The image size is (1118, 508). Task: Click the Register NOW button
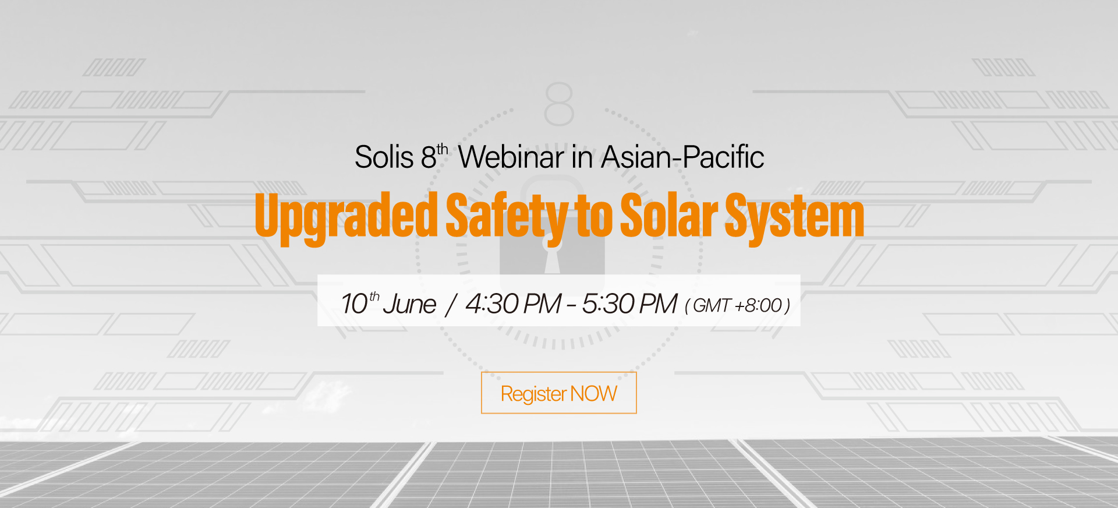[x=558, y=393]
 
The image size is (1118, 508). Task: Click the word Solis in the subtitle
[x=384, y=157]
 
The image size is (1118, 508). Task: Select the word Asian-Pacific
[x=682, y=157]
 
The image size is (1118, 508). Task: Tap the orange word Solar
[x=669, y=216]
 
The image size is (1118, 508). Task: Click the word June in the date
[x=409, y=304]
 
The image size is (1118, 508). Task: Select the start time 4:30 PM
[x=513, y=304]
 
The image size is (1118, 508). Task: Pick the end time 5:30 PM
[x=629, y=304]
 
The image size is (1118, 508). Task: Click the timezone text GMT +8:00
[x=737, y=305]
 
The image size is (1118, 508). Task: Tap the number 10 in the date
[x=355, y=304]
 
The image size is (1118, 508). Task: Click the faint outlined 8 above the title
[x=559, y=104]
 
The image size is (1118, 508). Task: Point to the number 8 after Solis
[x=429, y=157]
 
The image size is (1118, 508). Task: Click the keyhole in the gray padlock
[x=553, y=260]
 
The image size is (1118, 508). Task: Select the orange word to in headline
[x=593, y=216]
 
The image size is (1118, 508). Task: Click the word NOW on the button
[x=593, y=394]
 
